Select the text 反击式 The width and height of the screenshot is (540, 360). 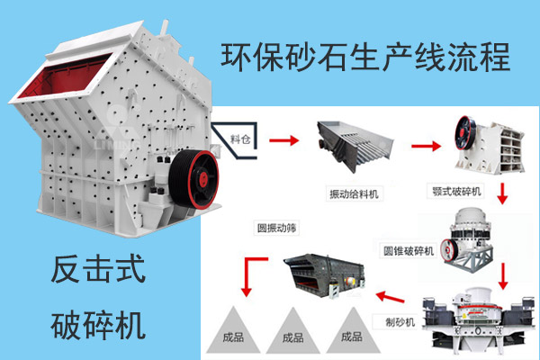99,268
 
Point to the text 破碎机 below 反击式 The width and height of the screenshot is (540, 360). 99,322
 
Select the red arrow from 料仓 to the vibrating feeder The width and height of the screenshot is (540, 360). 283,139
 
